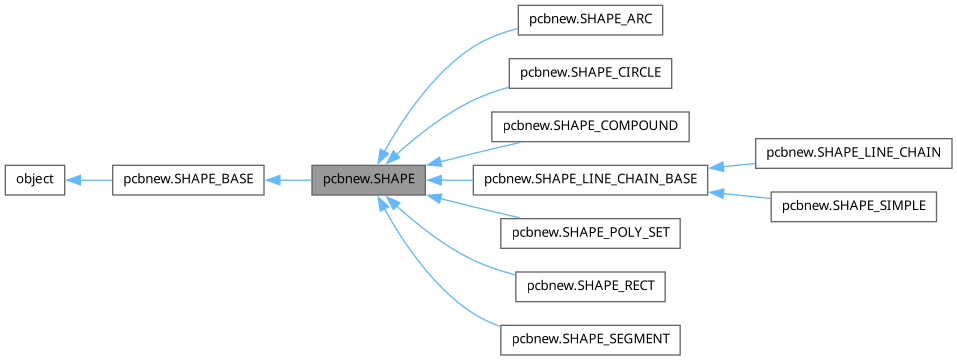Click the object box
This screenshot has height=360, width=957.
coord(35,180)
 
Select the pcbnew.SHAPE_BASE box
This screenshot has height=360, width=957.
coord(188,180)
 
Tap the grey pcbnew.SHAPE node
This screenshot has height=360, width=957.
coord(369,180)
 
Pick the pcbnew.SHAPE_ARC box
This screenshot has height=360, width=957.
coord(590,19)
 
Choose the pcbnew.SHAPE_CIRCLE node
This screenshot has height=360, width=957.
coord(590,73)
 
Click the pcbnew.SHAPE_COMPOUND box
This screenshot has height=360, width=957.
coord(590,127)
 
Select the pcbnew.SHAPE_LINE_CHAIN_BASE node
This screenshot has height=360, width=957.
coord(590,180)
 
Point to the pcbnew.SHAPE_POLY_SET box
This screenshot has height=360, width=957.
coord(590,234)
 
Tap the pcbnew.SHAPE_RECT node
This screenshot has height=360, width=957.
coord(590,287)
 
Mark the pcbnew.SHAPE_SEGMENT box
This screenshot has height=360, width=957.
coord(590,340)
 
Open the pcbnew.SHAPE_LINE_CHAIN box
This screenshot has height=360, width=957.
coord(853,153)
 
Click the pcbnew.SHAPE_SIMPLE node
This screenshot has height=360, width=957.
coord(853,207)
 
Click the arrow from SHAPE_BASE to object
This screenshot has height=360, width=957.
coord(89,180)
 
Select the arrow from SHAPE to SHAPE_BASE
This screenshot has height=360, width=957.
coord(288,180)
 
